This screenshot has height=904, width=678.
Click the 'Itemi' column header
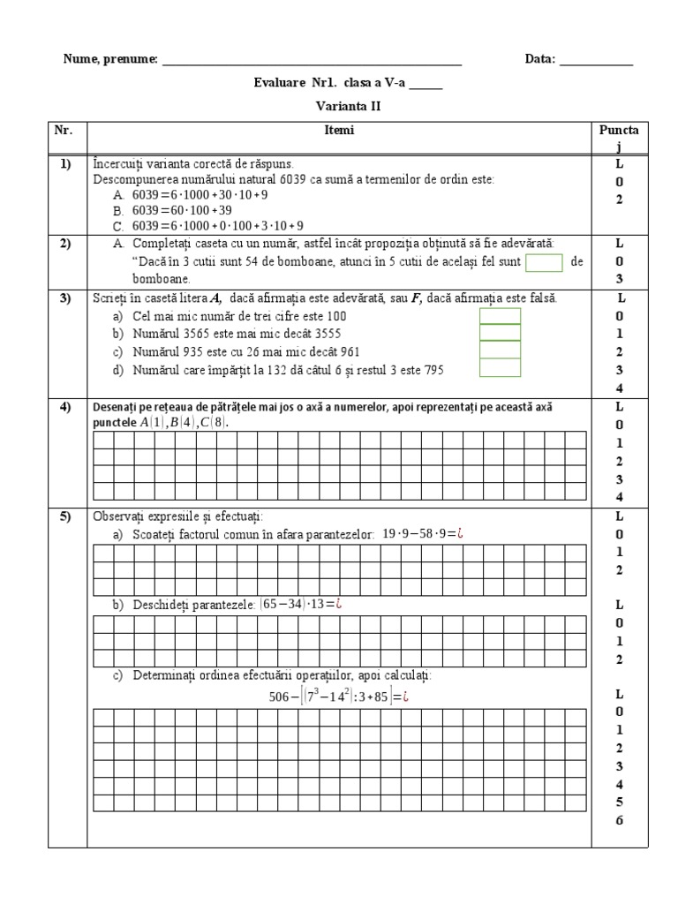339,131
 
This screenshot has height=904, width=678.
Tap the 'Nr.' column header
63,131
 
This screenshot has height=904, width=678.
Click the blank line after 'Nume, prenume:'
312,60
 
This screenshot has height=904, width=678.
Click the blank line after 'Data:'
596,60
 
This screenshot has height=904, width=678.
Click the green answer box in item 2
544,262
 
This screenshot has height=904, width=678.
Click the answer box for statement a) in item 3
500,316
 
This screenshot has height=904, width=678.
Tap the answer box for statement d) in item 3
500,370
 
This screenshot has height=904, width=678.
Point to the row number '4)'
65,407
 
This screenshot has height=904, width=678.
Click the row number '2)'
65,243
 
